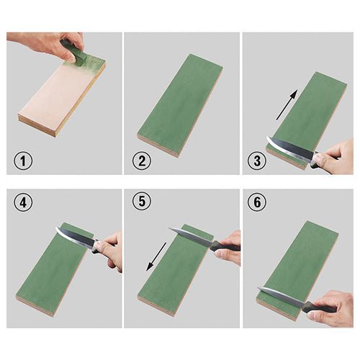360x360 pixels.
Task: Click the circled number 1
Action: pos(23,161)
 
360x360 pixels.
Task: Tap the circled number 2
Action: pos(142,161)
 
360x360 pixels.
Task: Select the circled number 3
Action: pos(257,161)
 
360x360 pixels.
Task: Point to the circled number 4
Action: pos(23,203)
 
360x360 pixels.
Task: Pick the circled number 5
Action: pos(142,201)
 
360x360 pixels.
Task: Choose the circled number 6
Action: pos(257,202)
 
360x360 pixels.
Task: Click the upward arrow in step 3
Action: pos(287,104)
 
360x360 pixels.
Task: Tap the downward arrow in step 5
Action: pos(156,256)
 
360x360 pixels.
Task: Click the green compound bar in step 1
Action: pos(73,53)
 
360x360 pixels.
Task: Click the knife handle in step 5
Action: pos(225,246)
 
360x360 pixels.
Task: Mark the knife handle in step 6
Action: pos(319,307)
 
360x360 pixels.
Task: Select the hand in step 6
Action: pos(333,308)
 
